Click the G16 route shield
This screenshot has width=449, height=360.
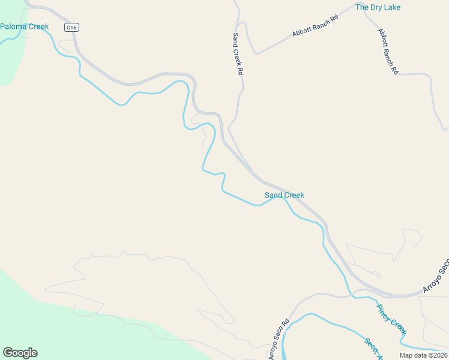click(72, 28)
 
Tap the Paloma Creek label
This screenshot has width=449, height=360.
click(25, 26)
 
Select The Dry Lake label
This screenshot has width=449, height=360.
click(378, 7)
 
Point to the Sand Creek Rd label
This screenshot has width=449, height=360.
click(237, 53)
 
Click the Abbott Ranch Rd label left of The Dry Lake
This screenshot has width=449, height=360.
click(315, 26)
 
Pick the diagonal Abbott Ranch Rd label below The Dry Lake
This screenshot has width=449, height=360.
click(388, 51)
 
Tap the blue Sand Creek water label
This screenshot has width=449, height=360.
click(285, 195)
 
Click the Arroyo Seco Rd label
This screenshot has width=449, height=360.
click(279, 339)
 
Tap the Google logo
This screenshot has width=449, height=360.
click(20, 353)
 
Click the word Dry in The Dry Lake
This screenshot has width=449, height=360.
click(378, 7)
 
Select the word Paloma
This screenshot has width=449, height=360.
click(12, 26)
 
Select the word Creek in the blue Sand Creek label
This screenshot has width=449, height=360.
click(294, 195)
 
